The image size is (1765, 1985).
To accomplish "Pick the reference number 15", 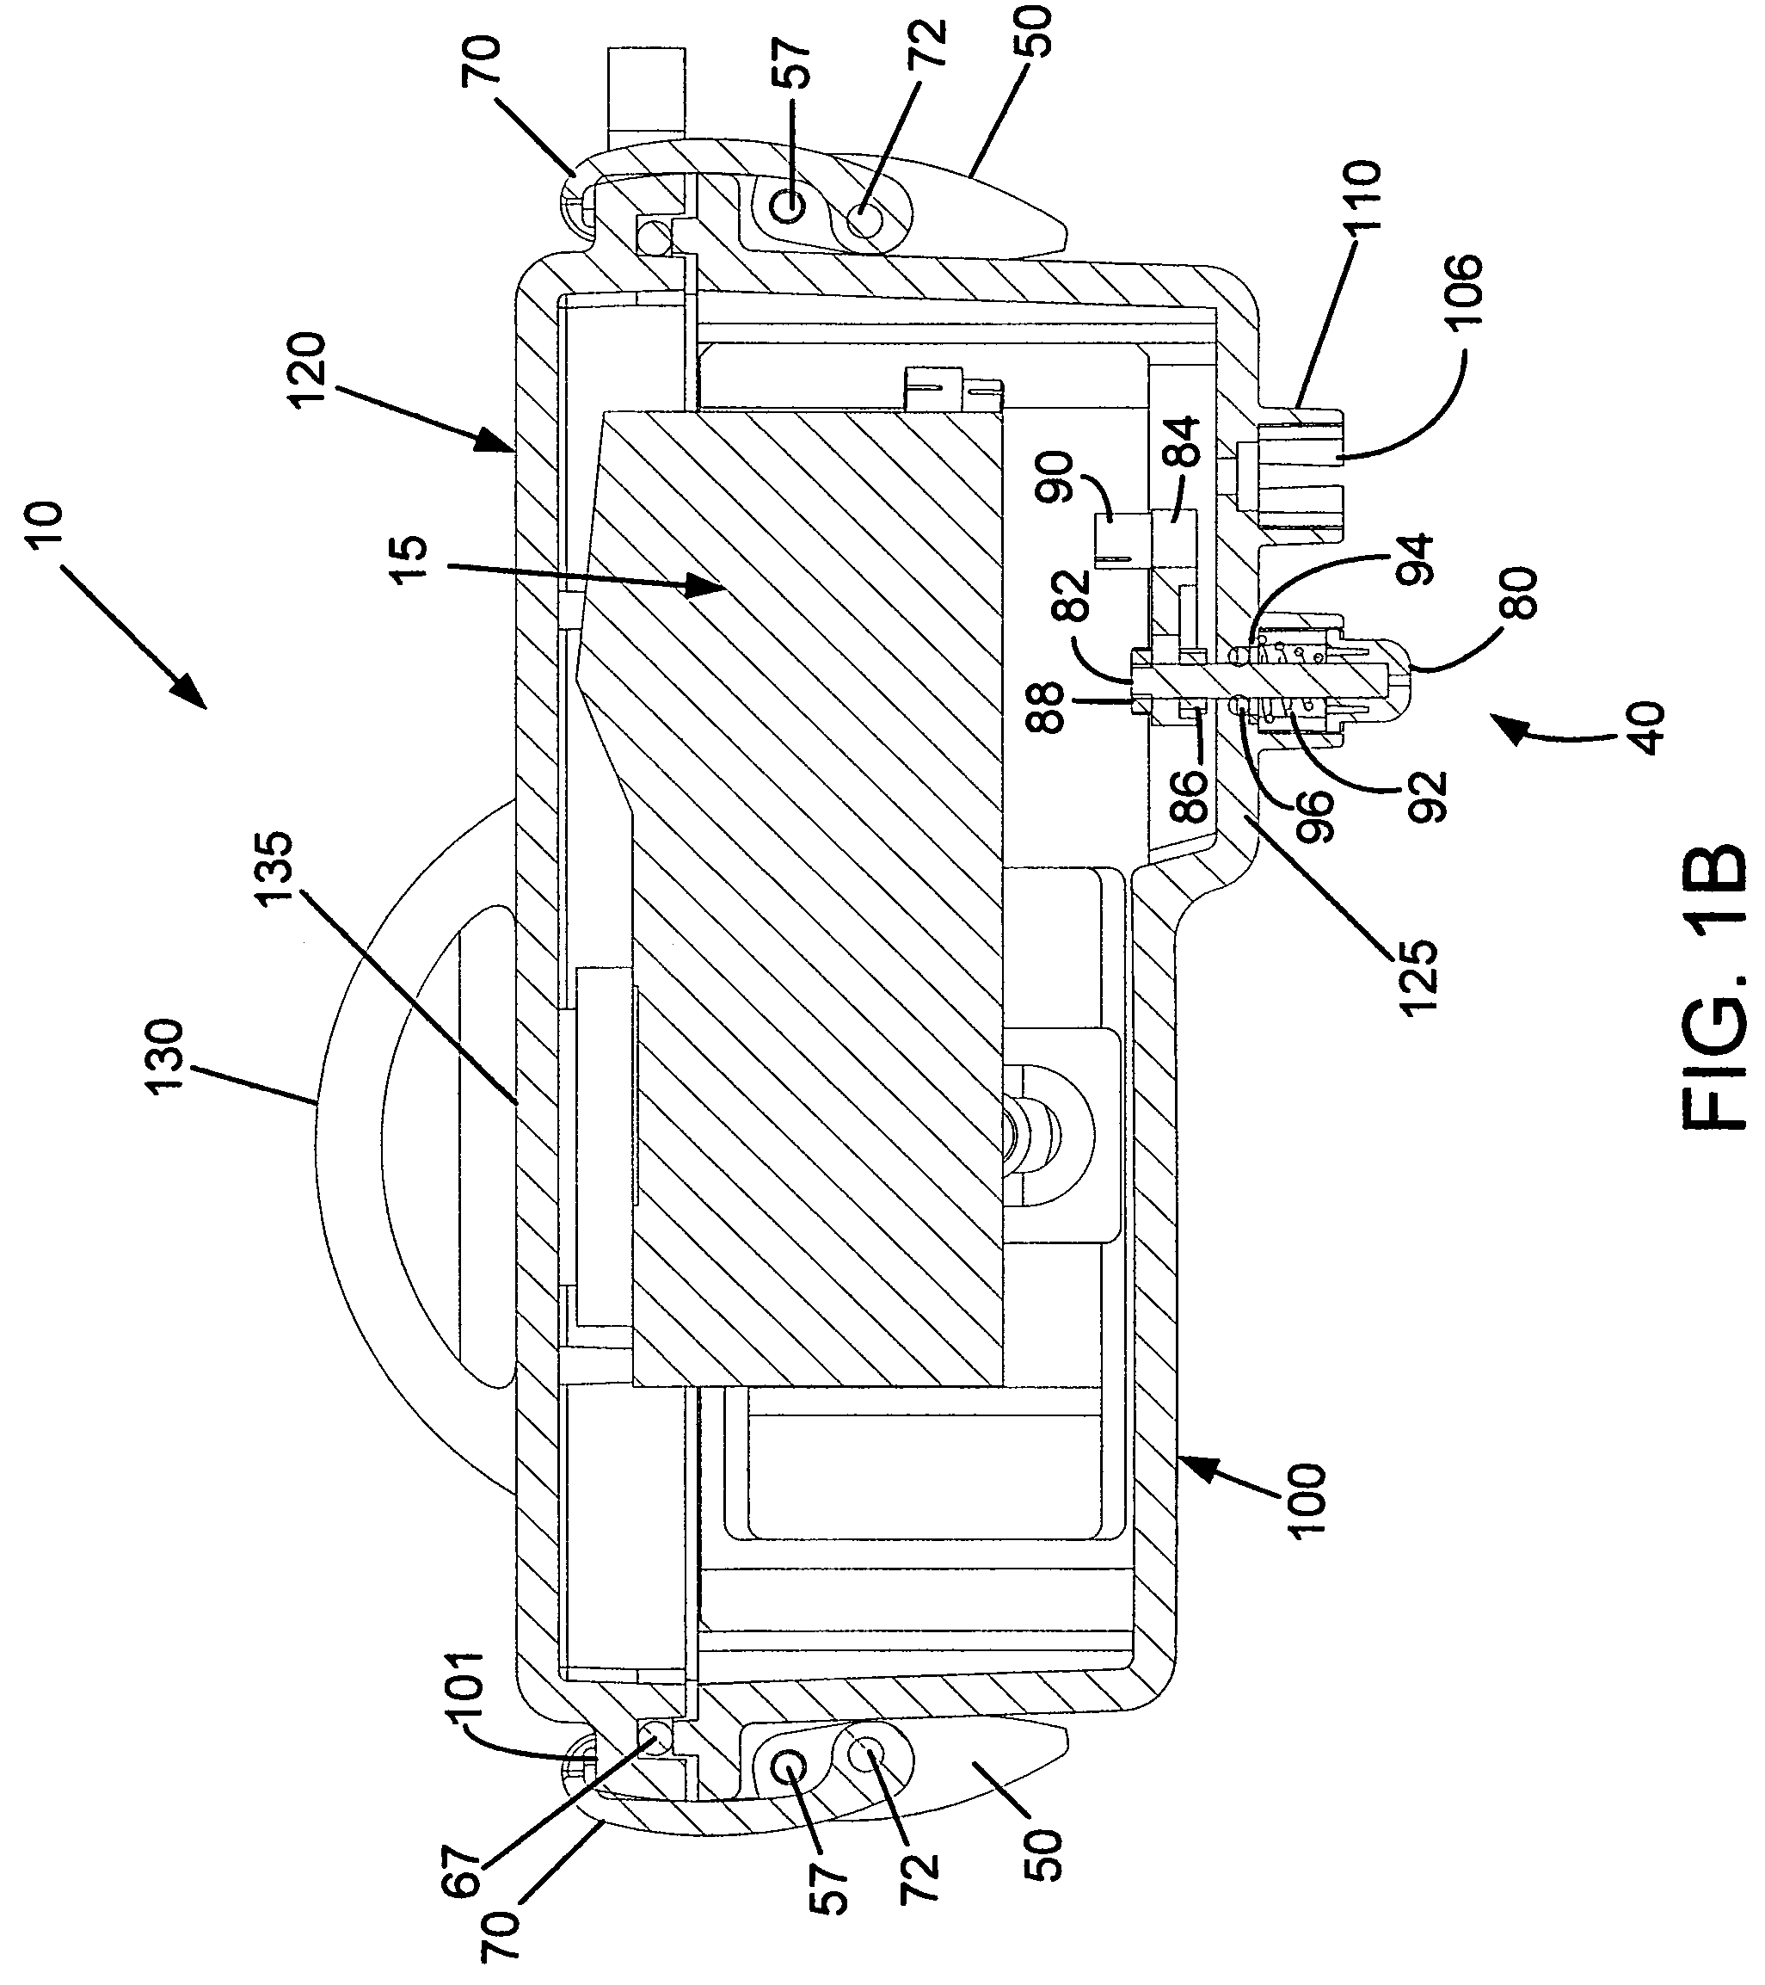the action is [x=409, y=560].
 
